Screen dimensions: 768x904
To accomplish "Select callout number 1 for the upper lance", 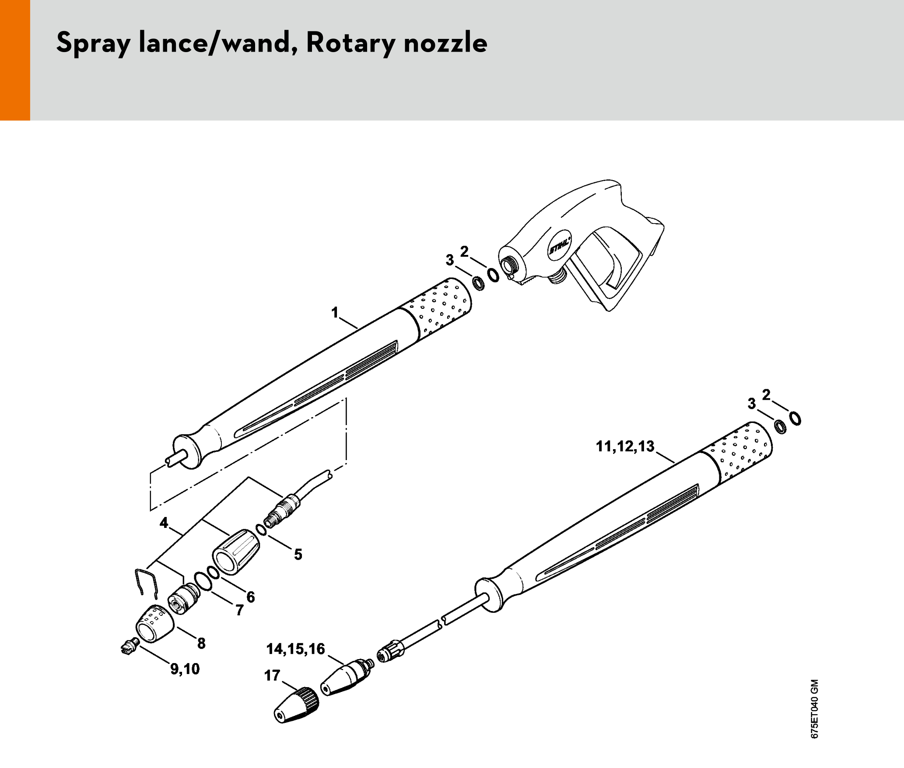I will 335,313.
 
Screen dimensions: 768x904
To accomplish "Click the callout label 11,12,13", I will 625,447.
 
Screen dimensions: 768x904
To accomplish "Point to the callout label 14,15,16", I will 295,649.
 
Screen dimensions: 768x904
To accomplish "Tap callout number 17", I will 272,676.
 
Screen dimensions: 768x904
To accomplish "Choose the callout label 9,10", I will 185,669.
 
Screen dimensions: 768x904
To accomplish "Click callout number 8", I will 201,643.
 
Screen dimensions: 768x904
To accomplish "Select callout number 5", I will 298,555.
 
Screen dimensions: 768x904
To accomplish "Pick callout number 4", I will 164,523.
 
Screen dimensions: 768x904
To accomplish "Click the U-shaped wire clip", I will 146,583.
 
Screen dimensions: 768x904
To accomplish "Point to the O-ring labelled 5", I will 261,530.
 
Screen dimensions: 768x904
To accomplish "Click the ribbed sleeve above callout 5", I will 235,552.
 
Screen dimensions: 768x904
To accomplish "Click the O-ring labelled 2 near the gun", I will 493,275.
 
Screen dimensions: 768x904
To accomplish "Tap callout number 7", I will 239,610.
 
